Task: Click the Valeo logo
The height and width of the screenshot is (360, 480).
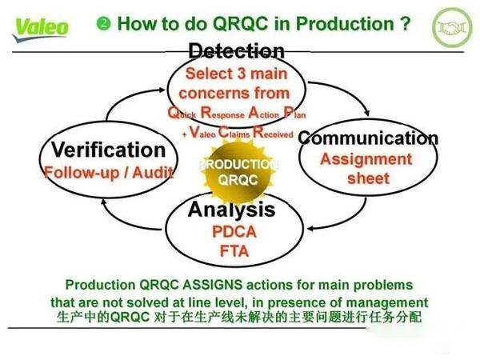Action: (x=41, y=26)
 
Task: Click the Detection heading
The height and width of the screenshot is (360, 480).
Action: (x=236, y=51)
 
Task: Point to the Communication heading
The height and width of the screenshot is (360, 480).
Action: (x=367, y=138)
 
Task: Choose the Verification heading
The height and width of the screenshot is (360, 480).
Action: (x=107, y=150)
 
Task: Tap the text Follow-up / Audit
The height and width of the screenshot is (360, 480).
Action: (x=108, y=172)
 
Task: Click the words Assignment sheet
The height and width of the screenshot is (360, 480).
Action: (x=366, y=168)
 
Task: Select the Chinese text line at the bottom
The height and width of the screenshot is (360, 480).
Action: (x=239, y=318)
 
